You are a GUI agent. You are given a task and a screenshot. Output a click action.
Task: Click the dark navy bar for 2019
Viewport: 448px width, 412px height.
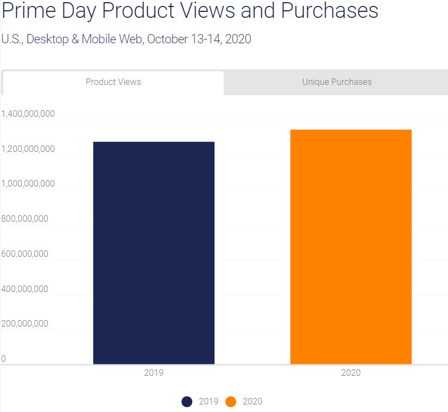(x=154, y=253)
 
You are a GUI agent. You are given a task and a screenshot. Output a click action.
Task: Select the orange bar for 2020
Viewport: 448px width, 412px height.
(x=351, y=247)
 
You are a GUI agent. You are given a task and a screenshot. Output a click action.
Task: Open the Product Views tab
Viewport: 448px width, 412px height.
(x=113, y=82)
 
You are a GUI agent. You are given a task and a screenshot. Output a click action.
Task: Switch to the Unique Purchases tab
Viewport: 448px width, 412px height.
(x=337, y=82)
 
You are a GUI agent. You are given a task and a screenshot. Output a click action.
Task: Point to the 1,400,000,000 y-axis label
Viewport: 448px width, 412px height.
(x=28, y=114)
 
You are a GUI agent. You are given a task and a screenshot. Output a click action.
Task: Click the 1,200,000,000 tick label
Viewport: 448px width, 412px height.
(x=28, y=149)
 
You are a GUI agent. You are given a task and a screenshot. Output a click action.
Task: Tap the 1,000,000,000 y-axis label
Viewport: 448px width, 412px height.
(x=28, y=183)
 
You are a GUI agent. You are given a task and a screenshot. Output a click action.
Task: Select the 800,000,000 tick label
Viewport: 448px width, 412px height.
(x=24, y=218)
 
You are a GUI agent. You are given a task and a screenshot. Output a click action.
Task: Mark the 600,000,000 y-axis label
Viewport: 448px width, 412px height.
(x=24, y=254)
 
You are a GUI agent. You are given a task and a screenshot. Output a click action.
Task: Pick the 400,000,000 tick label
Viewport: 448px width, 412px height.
(x=24, y=289)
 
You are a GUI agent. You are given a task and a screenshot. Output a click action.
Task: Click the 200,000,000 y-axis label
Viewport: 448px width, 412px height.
(x=24, y=324)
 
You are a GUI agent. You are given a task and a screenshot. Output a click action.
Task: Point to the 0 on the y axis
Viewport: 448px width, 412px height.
(x=3, y=358)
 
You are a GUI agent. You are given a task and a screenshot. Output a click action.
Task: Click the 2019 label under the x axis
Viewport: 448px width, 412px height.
(x=154, y=373)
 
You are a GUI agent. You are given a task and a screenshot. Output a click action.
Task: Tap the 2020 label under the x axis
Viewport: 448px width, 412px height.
(x=351, y=373)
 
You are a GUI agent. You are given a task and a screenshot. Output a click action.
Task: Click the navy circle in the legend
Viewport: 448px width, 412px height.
(x=187, y=402)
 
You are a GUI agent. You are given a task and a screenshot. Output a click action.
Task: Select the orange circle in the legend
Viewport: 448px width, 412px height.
(x=231, y=402)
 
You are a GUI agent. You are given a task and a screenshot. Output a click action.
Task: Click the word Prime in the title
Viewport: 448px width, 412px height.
(x=29, y=10)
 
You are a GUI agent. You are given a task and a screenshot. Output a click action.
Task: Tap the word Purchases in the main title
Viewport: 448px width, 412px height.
(x=330, y=10)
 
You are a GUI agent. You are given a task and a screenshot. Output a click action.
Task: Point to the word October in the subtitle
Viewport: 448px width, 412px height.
(x=167, y=39)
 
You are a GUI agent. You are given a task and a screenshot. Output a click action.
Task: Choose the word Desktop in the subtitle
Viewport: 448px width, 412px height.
(x=48, y=39)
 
